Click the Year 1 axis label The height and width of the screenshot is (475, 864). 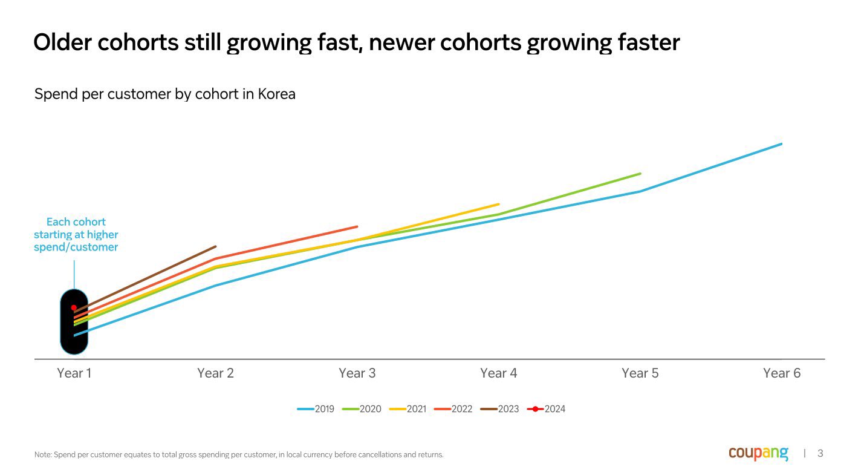point(74,373)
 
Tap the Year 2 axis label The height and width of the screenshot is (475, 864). point(215,373)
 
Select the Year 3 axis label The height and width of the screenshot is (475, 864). point(357,373)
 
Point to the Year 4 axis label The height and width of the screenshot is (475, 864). point(498,373)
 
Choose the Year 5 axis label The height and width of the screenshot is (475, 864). point(640,373)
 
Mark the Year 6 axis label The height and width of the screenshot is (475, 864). point(781,373)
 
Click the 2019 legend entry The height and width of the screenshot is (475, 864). point(316,409)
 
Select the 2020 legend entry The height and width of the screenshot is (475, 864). point(363,409)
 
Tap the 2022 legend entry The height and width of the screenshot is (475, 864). point(454,409)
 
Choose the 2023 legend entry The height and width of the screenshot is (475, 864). point(501,409)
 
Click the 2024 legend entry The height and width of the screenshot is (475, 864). point(547,409)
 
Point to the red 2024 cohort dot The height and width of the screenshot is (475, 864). point(74,307)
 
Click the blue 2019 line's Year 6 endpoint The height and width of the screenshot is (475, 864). point(781,144)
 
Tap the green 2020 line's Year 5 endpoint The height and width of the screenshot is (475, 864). point(640,174)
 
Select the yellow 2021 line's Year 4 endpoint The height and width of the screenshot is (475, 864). point(498,204)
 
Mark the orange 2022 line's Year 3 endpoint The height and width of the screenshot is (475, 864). point(357,226)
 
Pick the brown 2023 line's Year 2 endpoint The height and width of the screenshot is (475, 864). point(215,246)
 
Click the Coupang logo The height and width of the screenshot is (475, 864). point(758,453)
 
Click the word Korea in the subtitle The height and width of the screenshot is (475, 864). point(276,94)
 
